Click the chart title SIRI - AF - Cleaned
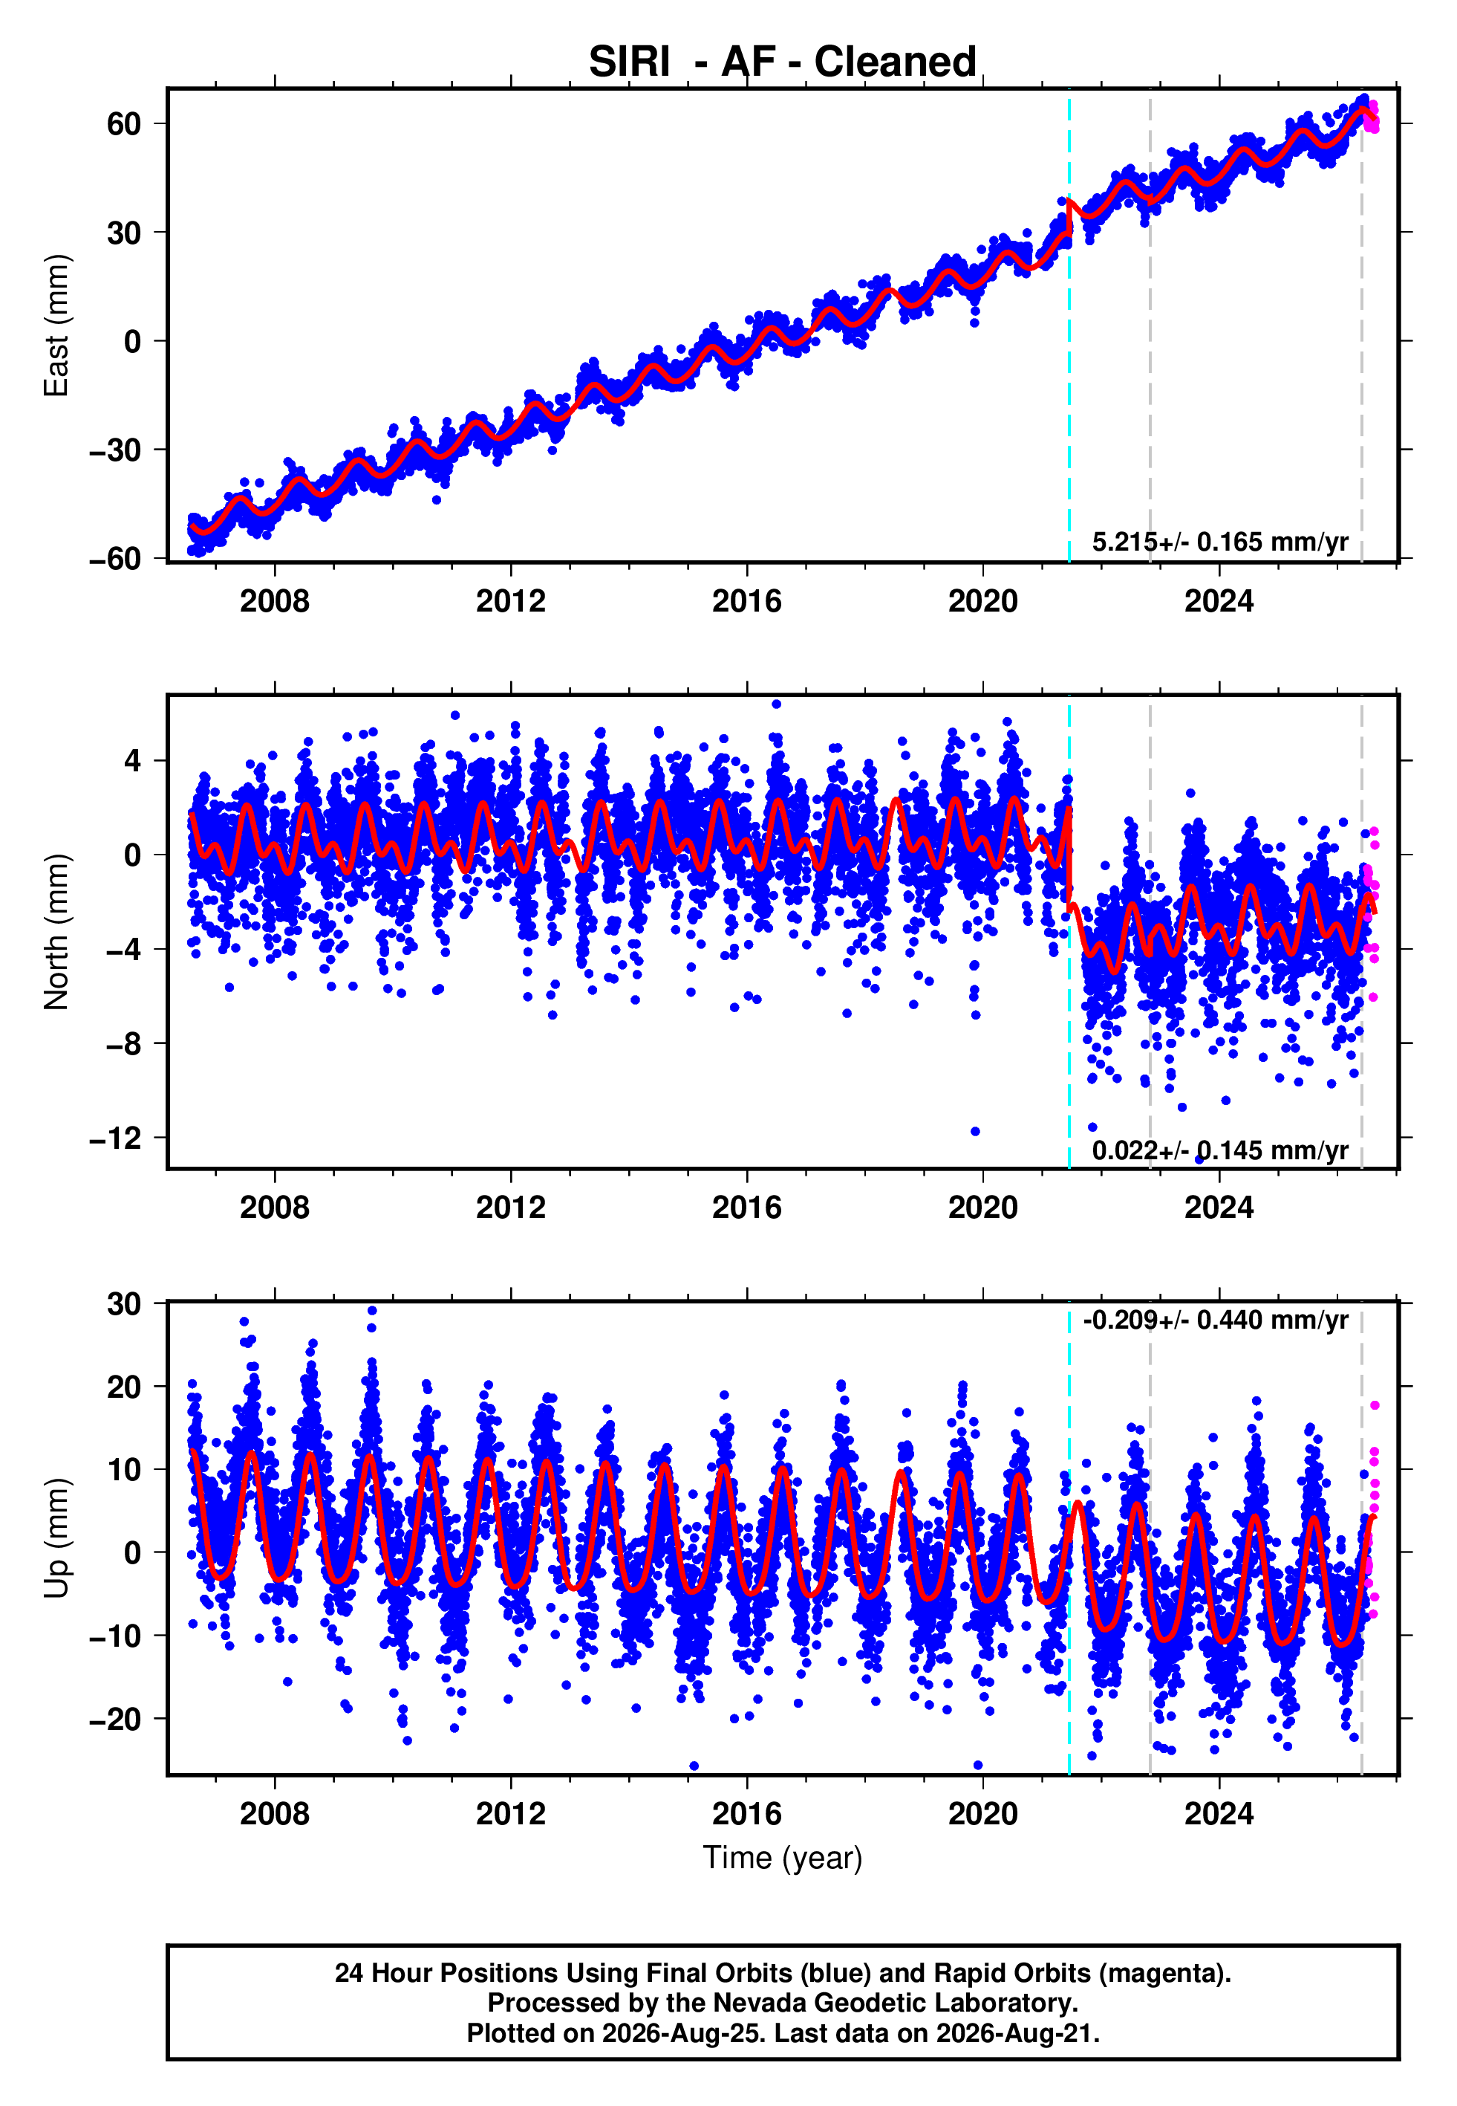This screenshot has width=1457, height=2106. pyautogui.click(x=783, y=62)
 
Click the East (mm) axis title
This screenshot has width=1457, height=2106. pyautogui.click(x=56, y=325)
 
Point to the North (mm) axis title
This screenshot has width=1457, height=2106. pyautogui.click(x=56, y=932)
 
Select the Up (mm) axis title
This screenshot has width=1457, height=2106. pyautogui.click(x=56, y=1538)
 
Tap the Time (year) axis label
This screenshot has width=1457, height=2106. pyautogui.click(x=783, y=1858)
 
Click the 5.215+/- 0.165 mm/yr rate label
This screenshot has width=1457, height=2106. pyautogui.click(x=1219, y=542)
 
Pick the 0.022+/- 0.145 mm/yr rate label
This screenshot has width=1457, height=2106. pyautogui.click(x=1219, y=1150)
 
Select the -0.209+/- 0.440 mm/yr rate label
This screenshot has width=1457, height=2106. pyautogui.click(x=1215, y=1320)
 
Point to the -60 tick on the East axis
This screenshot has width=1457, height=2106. pyautogui.click(x=115, y=558)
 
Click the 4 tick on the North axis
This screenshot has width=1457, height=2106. pyautogui.click(x=133, y=760)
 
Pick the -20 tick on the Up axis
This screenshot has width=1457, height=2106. pyautogui.click(x=115, y=1719)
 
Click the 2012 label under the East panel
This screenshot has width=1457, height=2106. pyautogui.click(x=510, y=601)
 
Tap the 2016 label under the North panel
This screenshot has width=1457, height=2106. pyautogui.click(x=747, y=1208)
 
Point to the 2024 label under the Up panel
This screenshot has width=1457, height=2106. pyautogui.click(x=1219, y=1814)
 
